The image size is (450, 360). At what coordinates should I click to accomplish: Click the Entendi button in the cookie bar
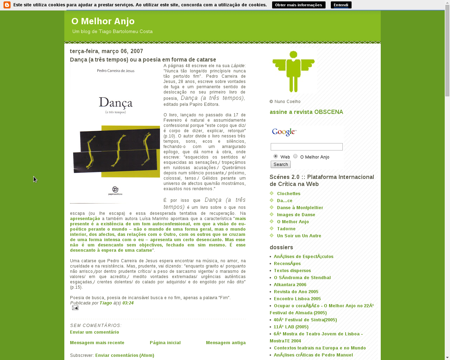[341, 5]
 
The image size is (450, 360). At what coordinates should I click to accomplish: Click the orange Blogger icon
[7, 5]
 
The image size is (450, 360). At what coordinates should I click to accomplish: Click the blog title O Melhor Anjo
[103, 21]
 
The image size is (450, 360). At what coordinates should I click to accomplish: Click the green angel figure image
[293, 71]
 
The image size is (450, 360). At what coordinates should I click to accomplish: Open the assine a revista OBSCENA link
[306, 112]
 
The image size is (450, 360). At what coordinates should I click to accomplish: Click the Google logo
[284, 132]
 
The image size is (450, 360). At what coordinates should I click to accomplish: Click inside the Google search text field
[307, 147]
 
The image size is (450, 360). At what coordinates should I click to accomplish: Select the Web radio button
[276, 156]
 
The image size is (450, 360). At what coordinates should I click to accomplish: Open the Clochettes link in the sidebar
[289, 194]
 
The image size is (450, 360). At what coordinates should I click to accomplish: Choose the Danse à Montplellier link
[300, 208]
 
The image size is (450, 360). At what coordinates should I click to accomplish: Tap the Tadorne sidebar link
[286, 229]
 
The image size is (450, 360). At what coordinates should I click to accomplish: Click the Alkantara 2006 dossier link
[290, 285]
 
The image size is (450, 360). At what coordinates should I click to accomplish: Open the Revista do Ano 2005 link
[296, 292]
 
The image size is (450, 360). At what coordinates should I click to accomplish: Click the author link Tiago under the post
[105, 303]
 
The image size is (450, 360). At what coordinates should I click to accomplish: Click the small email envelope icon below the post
[75, 308]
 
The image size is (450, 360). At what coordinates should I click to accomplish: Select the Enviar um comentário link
[95, 332]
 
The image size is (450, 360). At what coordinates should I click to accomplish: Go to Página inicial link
[165, 343]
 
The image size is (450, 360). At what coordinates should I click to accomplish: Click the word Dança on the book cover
[116, 103]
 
